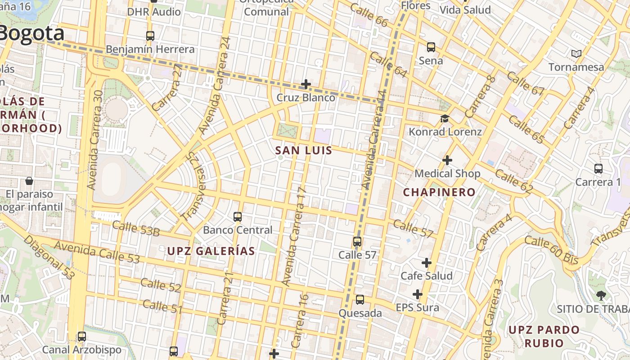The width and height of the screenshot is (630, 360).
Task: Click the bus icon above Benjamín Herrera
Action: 150,36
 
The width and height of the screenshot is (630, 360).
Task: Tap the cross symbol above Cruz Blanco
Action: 306,84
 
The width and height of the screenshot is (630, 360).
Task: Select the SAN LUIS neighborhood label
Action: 304,150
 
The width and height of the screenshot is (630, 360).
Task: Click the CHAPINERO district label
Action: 439,192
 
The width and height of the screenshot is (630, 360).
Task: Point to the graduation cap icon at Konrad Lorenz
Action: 445,118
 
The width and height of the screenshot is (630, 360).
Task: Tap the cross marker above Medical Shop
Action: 447,160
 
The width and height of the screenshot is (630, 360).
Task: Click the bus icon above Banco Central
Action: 238,217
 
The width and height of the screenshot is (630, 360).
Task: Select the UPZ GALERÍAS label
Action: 211,251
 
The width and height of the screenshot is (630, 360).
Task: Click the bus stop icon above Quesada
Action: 360,300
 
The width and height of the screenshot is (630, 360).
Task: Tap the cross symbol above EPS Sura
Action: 418,294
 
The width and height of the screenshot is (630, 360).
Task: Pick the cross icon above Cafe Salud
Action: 426,262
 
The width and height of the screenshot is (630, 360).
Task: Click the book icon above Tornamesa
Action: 576,54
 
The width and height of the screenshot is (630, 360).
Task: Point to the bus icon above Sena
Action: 431,47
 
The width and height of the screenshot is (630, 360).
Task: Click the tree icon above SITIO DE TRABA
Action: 601,295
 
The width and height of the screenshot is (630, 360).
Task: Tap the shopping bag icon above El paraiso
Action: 29,181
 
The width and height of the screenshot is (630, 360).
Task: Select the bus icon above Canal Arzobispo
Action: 81,336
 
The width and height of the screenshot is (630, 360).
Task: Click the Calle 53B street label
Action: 136,229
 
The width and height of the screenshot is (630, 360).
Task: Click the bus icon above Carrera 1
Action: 598,169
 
